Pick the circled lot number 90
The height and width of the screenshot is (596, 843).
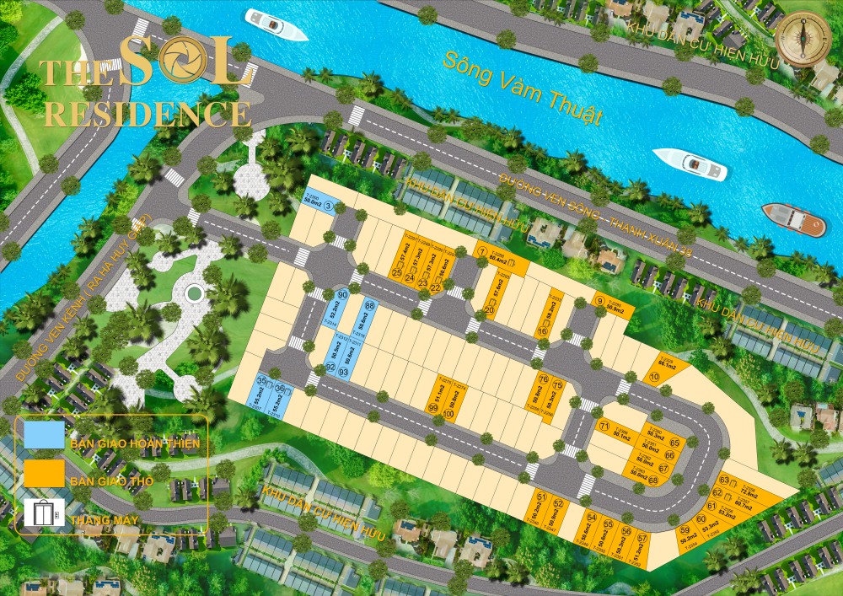341,295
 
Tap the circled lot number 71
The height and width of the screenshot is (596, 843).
604,427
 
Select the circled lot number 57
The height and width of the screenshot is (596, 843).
642,538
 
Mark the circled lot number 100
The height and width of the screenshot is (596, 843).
449,414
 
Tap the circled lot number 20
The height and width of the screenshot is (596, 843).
490,311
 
